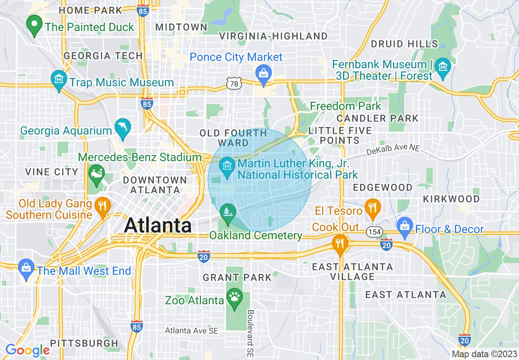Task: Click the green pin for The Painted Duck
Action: pos(34,25)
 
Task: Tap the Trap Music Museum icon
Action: pos(59,80)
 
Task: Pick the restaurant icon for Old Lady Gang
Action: pos(102,206)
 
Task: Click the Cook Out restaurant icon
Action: pos(340,243)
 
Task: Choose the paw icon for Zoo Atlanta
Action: pos(235,297)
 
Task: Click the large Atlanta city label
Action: pos(158,225)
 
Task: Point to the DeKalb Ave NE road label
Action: pos(393,149)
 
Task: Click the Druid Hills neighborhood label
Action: pos(404,44)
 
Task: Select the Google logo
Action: pos(27,350)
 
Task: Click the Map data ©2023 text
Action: pos(483,354)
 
